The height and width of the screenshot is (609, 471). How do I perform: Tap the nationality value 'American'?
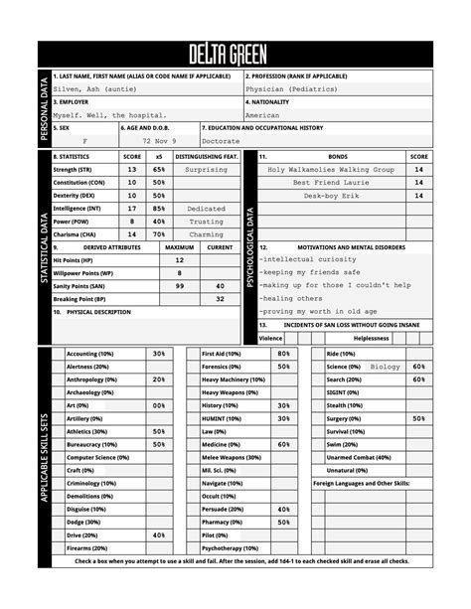coord(262,115)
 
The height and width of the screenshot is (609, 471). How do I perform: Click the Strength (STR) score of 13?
coord(132,170)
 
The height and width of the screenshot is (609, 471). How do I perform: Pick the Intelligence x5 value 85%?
coord(158,209)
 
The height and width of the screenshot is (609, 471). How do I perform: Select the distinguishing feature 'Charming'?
coord(206,234)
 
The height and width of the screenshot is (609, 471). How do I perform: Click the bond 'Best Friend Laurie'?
coord(330,183)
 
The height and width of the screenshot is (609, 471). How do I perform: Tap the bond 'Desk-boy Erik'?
coord(330,196)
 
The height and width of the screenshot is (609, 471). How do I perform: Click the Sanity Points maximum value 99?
coord(179,285)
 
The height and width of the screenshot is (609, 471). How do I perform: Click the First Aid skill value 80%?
coord(283,353)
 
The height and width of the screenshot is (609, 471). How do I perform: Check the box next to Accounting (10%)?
coord(58,354)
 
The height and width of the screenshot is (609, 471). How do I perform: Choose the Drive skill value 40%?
coord(159,533)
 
